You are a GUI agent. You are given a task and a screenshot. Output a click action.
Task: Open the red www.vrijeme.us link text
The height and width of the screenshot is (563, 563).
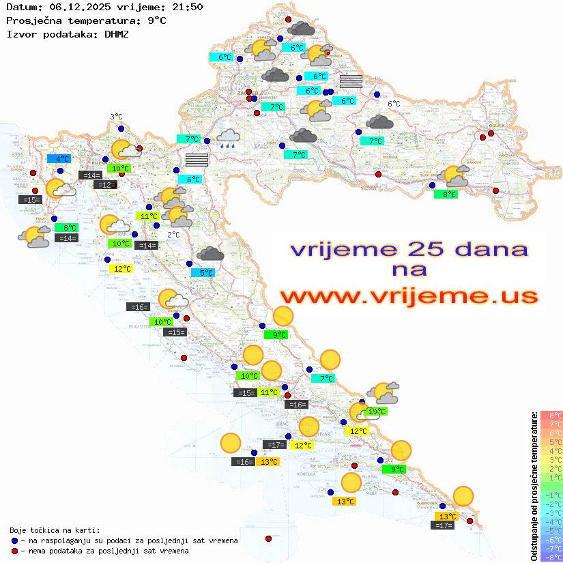click(408, 296)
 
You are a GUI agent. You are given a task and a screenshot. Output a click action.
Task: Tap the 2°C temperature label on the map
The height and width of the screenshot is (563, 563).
click(173, 235)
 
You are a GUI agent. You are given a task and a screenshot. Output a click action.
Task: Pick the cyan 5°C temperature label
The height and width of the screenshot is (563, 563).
click(206, 273)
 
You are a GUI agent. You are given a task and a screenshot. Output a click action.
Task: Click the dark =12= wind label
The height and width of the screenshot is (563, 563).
click(105, 185)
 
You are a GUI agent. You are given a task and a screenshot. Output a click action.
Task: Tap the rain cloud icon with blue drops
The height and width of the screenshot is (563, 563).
click(227, 139)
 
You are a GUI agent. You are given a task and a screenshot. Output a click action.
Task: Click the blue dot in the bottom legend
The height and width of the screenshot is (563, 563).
click(15, 540)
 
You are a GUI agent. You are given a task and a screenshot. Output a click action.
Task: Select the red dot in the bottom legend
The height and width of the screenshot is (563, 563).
click(15, 551)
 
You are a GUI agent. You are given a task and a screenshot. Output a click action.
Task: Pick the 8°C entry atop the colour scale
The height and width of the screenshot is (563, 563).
click(551, 415)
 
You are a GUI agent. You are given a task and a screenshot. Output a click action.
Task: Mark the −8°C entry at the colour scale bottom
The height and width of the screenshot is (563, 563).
click(551, 558)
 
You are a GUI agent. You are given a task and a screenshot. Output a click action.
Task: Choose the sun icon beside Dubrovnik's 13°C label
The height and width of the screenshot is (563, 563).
click(463, 496)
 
